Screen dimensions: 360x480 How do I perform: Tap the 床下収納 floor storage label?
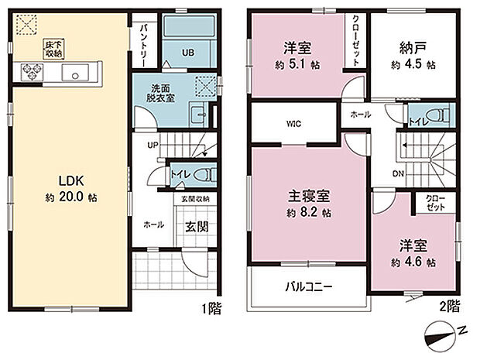coord(52,50)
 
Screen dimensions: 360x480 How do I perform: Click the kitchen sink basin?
coord(76,75)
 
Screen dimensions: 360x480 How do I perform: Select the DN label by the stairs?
coord(397,174)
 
